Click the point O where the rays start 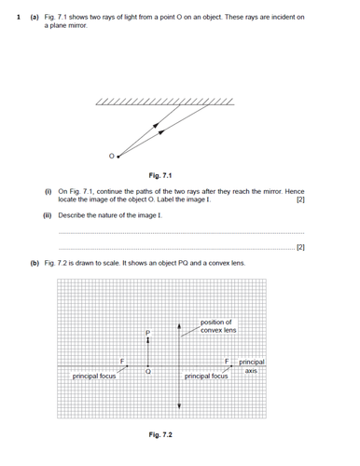[114, 156]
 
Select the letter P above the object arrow [146, 332]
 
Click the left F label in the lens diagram [121, 361]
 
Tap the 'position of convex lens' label [218, 326]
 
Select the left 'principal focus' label [94, 377]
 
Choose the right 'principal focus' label [206, 377]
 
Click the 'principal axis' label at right [252, 365]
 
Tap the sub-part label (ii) [49, 213]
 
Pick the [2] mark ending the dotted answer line [299, 248]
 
